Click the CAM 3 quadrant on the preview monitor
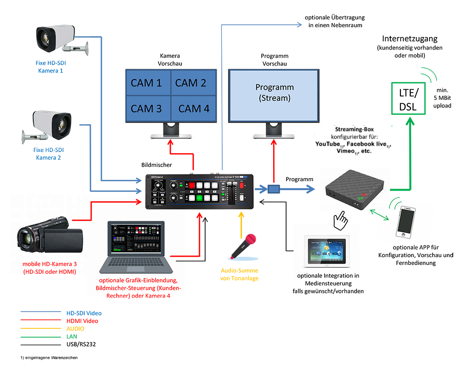point(146,109)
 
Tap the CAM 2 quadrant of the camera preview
point(191,83)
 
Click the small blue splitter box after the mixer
point(274,189)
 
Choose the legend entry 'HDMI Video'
point(82,321)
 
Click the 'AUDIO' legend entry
point(75,328)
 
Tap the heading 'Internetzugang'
point(409,38)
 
